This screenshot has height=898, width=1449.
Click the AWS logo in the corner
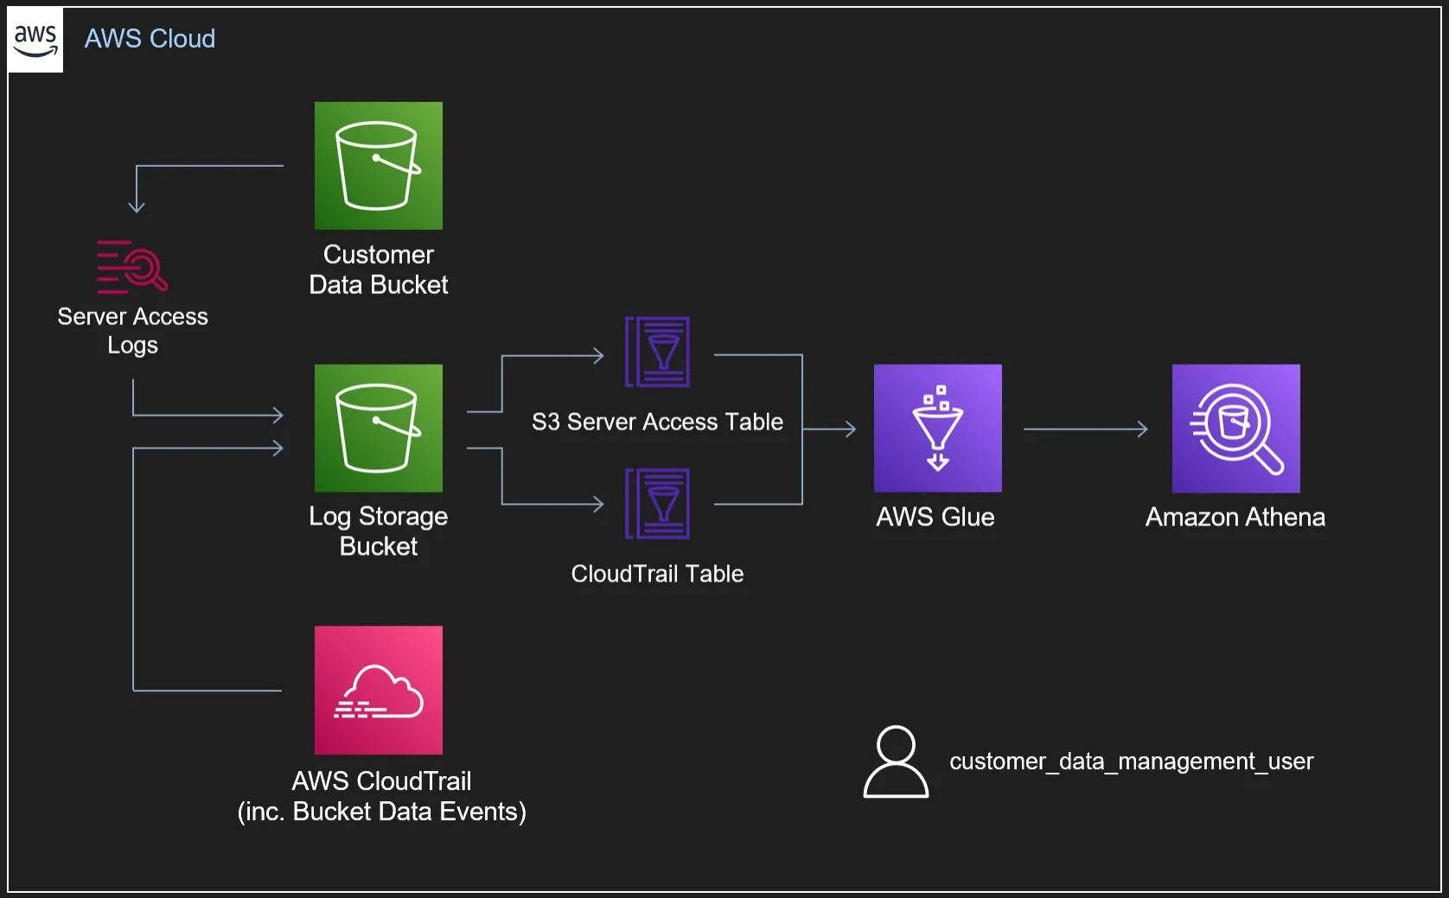click(35, 40)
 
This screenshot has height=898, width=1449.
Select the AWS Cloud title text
click(150, 39)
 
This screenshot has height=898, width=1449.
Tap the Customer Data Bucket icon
click(379, 165)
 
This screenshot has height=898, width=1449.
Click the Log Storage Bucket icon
click(379, 428)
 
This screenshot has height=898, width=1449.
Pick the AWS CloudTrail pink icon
click(379, 690)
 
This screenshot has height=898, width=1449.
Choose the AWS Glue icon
click(938, 428)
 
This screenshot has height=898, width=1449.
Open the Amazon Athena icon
click(1236, 428)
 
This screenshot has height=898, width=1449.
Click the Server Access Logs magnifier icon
click(132, 266)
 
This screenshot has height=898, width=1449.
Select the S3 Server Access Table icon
click(657, 352)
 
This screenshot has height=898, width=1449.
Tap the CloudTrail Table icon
click(657, 504)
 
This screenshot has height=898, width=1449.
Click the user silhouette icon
click(896, 761)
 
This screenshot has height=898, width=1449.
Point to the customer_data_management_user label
click(1132, 761)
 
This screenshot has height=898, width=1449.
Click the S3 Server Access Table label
click(657, 422)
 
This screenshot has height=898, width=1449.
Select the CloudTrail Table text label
click(657, 573)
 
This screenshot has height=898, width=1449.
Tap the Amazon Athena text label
click(1235, 517)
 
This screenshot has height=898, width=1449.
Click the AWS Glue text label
click(935, 517)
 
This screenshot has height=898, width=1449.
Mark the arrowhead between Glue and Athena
click(1143, 429)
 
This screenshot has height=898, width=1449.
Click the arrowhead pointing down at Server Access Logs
click(137, 207)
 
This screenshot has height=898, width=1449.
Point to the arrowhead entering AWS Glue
click(851, 429)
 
